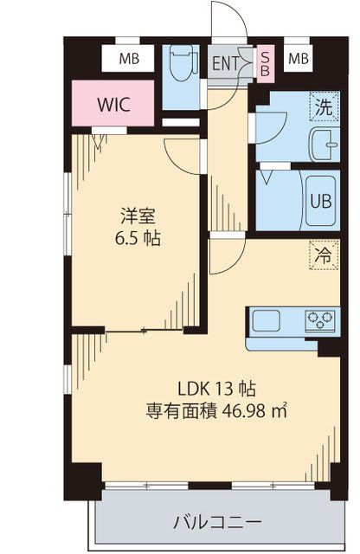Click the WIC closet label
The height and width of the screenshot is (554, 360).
[113, 105]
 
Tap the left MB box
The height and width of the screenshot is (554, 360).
[129, 59]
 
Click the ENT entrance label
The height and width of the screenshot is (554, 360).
[226, 62]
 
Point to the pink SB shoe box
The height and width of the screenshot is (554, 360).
[265, 62]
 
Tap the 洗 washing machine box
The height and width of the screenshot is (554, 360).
[323, 109]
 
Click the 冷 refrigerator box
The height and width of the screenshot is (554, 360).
[322, 255]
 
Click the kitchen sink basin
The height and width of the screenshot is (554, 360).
[266, 322]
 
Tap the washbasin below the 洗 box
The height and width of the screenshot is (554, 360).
[322, 145]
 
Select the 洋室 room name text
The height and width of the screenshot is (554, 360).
[133, 215]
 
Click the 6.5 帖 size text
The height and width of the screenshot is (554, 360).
[133, 237]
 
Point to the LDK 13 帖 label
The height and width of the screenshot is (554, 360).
[215, 388]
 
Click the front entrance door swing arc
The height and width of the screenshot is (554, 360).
[227, 19]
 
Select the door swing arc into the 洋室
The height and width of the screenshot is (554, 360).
[183, 156]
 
